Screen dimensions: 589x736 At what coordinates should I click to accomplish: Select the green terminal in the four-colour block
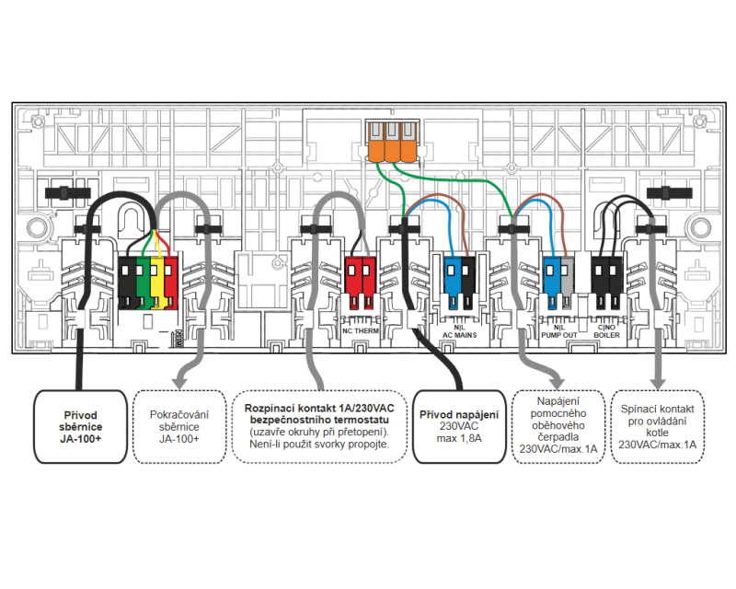click(x=142, y=280)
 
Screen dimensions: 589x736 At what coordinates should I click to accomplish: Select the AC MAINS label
click(x=460, y=335)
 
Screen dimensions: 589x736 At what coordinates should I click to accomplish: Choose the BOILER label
click(x=607, y=335)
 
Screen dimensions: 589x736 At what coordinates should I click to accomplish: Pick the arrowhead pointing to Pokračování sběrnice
click(x=178, y=380)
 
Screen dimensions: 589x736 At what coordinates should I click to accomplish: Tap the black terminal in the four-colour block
click(x=128, y=280)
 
